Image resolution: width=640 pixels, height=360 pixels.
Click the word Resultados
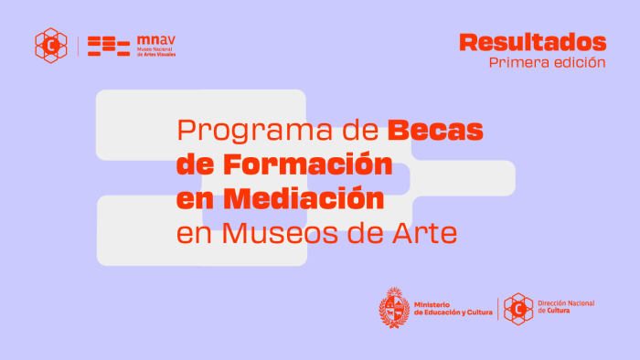[x=533, y=42]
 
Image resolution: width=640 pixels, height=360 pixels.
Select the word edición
[x=579, y=63]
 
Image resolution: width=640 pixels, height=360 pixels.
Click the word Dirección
[x=555, y=303]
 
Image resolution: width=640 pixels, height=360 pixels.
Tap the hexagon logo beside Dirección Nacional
[x=518, y=309]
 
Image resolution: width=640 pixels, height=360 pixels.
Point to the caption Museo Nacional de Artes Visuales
[x=155, y=52]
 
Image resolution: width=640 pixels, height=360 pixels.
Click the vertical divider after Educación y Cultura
[x=497, y=309]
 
